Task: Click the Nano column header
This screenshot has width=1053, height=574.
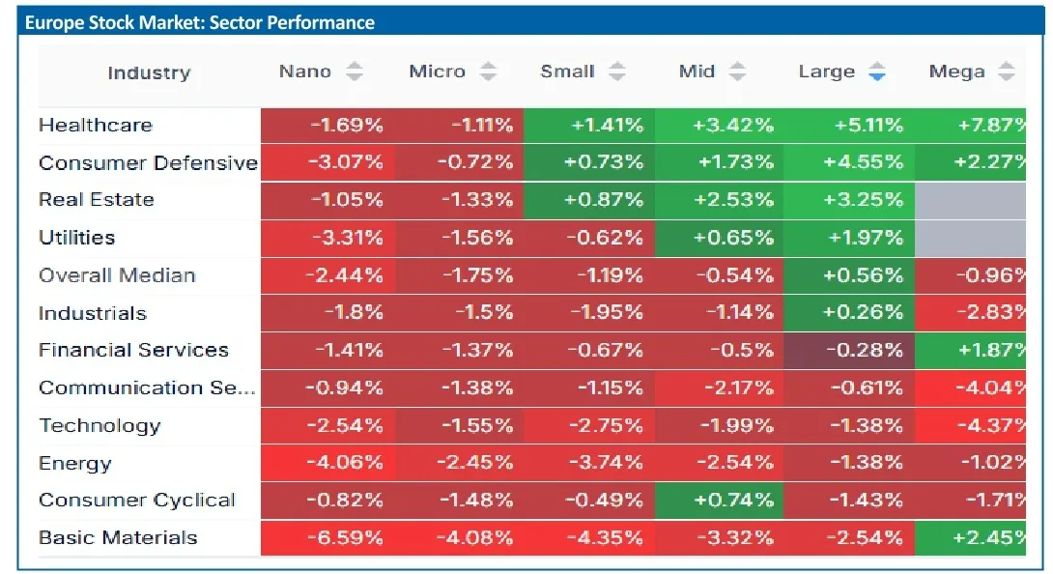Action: coord(305,72)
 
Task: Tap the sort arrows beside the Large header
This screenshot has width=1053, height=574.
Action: coord(876,72)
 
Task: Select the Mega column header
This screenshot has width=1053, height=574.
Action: coord(957,72)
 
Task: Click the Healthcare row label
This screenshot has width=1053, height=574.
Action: coord(96,125)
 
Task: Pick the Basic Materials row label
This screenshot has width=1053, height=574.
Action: coord(118,537)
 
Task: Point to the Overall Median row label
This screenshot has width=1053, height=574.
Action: coord(117,275)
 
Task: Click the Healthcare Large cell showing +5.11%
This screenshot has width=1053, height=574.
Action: coord(849,125)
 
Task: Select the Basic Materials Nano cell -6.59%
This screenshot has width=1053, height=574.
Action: coord(327,537)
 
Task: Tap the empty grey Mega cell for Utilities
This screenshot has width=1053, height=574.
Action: coord(970,238)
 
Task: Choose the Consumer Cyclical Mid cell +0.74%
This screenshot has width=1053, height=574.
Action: coord(719,500)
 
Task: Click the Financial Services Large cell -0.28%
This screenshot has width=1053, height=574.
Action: coord(849,350)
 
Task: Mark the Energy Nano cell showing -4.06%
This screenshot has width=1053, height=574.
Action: coord(327,463)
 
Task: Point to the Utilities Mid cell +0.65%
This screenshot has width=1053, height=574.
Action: coord(719,238)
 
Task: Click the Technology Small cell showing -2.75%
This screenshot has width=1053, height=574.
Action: coord(589,425)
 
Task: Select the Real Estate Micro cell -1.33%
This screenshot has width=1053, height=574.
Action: coord(459,200)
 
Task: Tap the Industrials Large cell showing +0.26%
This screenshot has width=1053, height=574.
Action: coord(849,312)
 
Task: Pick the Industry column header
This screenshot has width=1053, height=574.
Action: coord(149,72)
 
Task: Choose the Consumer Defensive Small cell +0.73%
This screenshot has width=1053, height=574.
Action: coord(589,162)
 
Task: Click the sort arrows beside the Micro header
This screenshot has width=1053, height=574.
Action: coord(488,72)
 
